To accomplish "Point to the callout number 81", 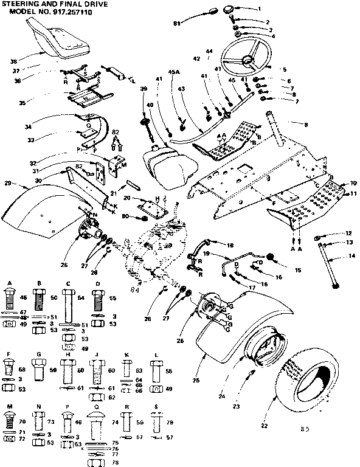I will [177, 23].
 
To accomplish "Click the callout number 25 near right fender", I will [212, 381].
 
